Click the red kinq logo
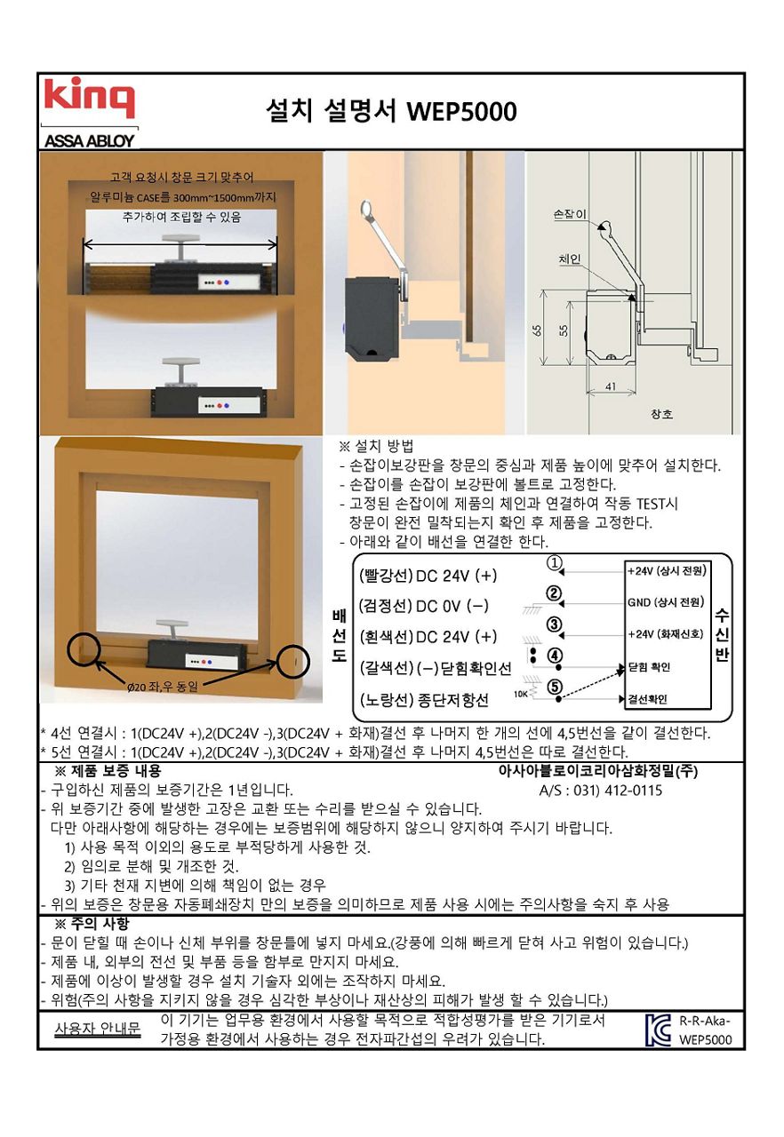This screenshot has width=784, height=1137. click(90, 97)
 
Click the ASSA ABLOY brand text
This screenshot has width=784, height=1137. click(90, 140)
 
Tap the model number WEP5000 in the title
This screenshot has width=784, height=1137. click(461, 111)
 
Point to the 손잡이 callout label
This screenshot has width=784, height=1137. click(570, 214)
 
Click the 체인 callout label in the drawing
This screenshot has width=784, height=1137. click(570, 258)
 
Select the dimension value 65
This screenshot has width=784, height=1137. click(536, 330)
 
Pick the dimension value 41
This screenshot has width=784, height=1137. click(611, 386)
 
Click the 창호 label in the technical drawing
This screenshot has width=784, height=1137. click(661, 414)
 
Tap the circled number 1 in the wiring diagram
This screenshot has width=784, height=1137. click(554, 563)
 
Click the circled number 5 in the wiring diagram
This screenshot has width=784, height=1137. click(555, 687)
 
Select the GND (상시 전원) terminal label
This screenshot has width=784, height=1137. click(666, 602)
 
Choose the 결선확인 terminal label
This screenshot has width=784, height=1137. click(648, 699)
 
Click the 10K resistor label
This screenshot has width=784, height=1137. click(521, 695)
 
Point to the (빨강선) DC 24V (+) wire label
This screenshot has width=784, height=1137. click(428, 575)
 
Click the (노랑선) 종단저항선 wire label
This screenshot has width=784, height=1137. click(424, 701)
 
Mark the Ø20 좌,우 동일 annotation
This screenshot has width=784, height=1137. click(162, 687)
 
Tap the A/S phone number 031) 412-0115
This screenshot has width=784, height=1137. click(601, 791)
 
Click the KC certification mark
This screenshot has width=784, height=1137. click(658, 1030)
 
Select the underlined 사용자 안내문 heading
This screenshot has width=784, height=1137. click(97, 1029)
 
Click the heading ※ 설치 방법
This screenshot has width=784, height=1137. click(376, 446)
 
